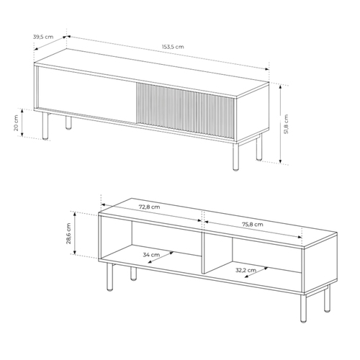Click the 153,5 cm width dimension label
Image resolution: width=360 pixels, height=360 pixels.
click(174, 47)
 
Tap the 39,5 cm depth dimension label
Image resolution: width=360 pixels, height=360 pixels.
click(44, 36)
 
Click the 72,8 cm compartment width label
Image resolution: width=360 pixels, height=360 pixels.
click(150, 207)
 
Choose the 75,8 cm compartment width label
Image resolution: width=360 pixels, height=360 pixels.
click(249, 225)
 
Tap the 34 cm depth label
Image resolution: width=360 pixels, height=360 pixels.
click(151, 255)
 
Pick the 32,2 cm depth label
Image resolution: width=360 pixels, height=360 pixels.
click(246, 271)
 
